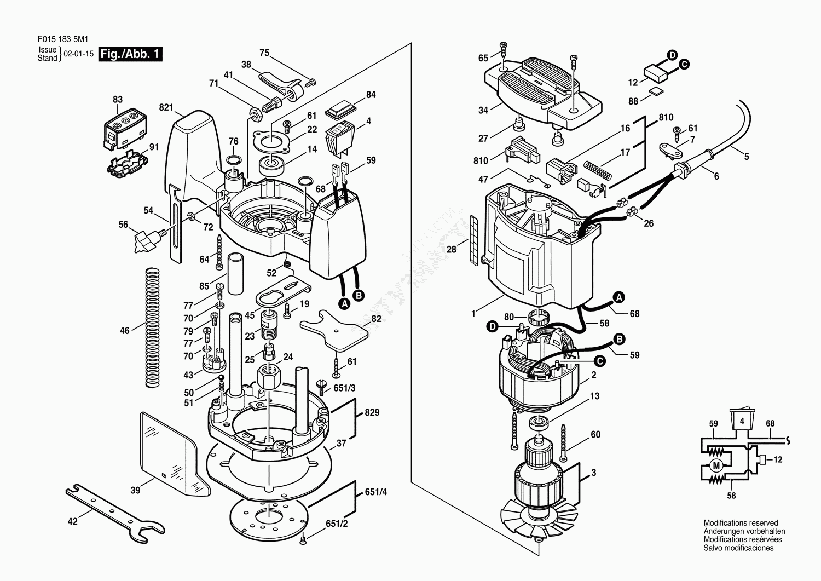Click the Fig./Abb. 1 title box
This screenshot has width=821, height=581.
[x=130, y=54]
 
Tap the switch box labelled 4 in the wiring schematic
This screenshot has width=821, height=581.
[x=742, y=422]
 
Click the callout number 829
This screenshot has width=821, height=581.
[x=372, y=412]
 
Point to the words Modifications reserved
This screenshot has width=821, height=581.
[x=741, y=523]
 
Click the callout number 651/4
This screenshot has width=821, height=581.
[x=375, y=492]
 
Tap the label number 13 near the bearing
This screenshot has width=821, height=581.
[x=594, y=396]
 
